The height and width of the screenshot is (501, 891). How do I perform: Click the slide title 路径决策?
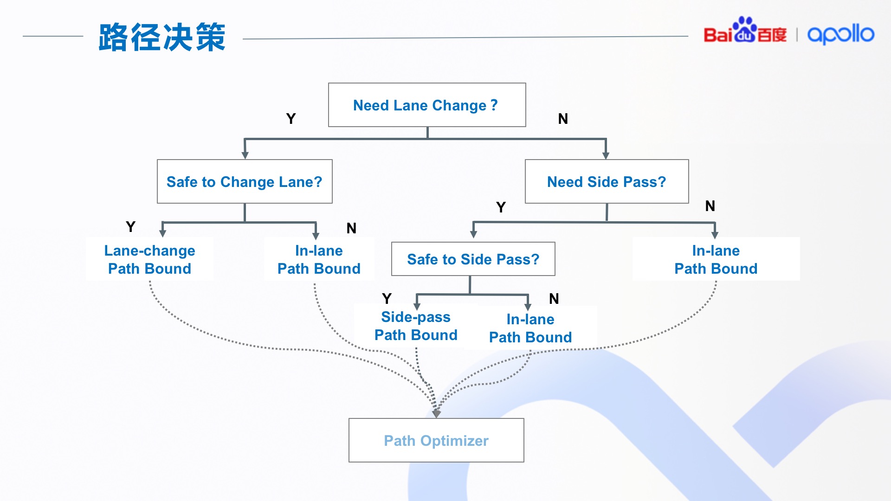click(161, 37)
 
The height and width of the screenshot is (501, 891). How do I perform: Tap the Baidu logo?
click(744, 32)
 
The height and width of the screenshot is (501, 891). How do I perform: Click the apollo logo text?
click(840, 34)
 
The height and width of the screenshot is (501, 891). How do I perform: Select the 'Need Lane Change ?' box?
click(426, 105)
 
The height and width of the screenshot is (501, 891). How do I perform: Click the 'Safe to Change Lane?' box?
click(245, 181)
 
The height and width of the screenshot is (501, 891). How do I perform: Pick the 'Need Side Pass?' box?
click(607, 181)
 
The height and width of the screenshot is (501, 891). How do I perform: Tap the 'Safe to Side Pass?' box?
click(473, 259)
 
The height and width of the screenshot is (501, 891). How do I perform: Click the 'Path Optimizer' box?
click(436, 440)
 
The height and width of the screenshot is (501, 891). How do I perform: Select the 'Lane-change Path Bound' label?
click(149, 259)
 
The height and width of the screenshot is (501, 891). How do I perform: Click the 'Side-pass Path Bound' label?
click(416, 326)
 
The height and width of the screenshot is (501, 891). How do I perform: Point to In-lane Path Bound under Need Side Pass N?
click(716, 259)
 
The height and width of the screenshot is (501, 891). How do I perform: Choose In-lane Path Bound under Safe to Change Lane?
click(319, 259)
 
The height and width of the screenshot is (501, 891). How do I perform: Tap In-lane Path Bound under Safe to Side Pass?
click(530, 328)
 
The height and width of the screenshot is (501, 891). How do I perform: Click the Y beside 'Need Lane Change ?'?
click(291, 119)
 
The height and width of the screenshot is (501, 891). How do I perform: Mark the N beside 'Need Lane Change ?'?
click(563, 119)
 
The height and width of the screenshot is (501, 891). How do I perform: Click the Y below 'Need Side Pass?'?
click(501, 207)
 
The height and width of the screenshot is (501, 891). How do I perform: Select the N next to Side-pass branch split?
click(554, 299)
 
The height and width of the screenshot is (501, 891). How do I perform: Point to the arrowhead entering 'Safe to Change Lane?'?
click(245, 155)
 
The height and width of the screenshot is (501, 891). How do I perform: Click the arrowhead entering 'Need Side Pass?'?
click(606, 155)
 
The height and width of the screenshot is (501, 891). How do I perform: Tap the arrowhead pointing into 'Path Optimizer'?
click(436, 413)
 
